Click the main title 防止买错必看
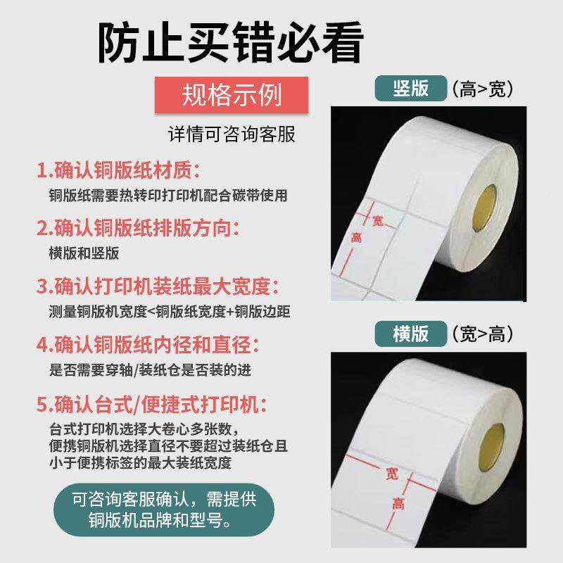click(230, 44)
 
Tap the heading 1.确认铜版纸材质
click(119, 171)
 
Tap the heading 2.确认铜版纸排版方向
click(139, 228)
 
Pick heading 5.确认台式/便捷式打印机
click(152, 405)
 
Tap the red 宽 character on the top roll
click(378, 222)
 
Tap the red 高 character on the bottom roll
click(398, 503)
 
